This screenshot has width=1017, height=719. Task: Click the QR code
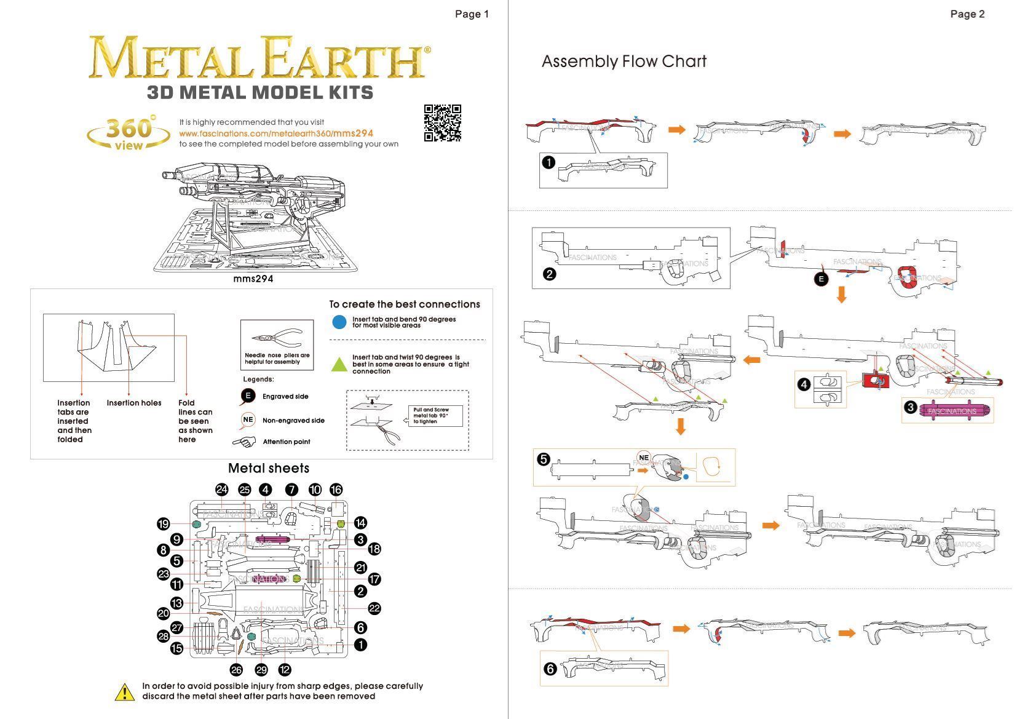pos(442,123)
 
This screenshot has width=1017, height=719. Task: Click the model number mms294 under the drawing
pos(253,279)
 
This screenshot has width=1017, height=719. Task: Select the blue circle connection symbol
pos(339,322)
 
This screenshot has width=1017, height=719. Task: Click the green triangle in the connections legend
pos(339,365)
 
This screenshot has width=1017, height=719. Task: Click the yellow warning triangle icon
pos(125,693)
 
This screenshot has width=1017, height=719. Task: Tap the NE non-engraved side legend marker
pos(248,420)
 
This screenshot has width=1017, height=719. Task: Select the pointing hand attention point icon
pos(244,442)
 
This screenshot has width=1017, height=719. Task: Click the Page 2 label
pos(967,14)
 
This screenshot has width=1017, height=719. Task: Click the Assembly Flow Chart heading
pos(623,62)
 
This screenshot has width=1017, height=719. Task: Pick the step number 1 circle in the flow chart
pos(548,163)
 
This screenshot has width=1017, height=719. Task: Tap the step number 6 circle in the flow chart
pos(550,669)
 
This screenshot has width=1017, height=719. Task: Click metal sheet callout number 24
pos(222,490)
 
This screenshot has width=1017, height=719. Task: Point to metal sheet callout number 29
pos(261,670)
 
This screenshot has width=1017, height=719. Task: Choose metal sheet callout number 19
pos(163,524)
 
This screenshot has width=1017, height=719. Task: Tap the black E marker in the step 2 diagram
pos(821,279)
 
